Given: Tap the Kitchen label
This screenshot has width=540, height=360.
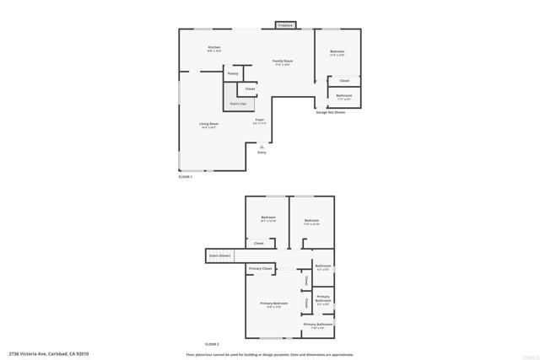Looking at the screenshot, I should (x=214, y=47).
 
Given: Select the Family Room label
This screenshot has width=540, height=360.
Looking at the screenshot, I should (x=282, y=61).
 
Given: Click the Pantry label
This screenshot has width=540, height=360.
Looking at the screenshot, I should (x=233, y=74).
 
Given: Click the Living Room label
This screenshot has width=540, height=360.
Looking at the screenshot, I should (x=209, y=125).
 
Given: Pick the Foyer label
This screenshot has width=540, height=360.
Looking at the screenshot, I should (x=259, y=120).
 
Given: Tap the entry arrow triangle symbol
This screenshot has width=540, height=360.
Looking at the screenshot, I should (x=262, y=146).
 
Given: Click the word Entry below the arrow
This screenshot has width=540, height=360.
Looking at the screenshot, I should (x=262, y=153).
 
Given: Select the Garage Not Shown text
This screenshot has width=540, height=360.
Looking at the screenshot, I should (x=330, y=112).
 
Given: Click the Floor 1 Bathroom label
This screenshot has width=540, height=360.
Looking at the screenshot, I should (x=343, y=95).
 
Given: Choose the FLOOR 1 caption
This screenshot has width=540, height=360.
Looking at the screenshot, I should (x=186, y=176).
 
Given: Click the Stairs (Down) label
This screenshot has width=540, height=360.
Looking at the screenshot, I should (x=219, y=255).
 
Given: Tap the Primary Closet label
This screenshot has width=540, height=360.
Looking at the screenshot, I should (x=261, y=268).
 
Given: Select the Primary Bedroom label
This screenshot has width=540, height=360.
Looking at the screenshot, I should (x=273, y=304).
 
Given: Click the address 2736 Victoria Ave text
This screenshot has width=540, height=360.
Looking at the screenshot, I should (x=49, y=354).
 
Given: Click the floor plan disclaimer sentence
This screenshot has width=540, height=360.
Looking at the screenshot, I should (x=270, y=354).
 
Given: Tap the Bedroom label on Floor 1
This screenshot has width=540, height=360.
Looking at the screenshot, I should (x=337, y=52).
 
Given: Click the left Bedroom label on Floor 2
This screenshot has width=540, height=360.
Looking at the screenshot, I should (x=268, y=218).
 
